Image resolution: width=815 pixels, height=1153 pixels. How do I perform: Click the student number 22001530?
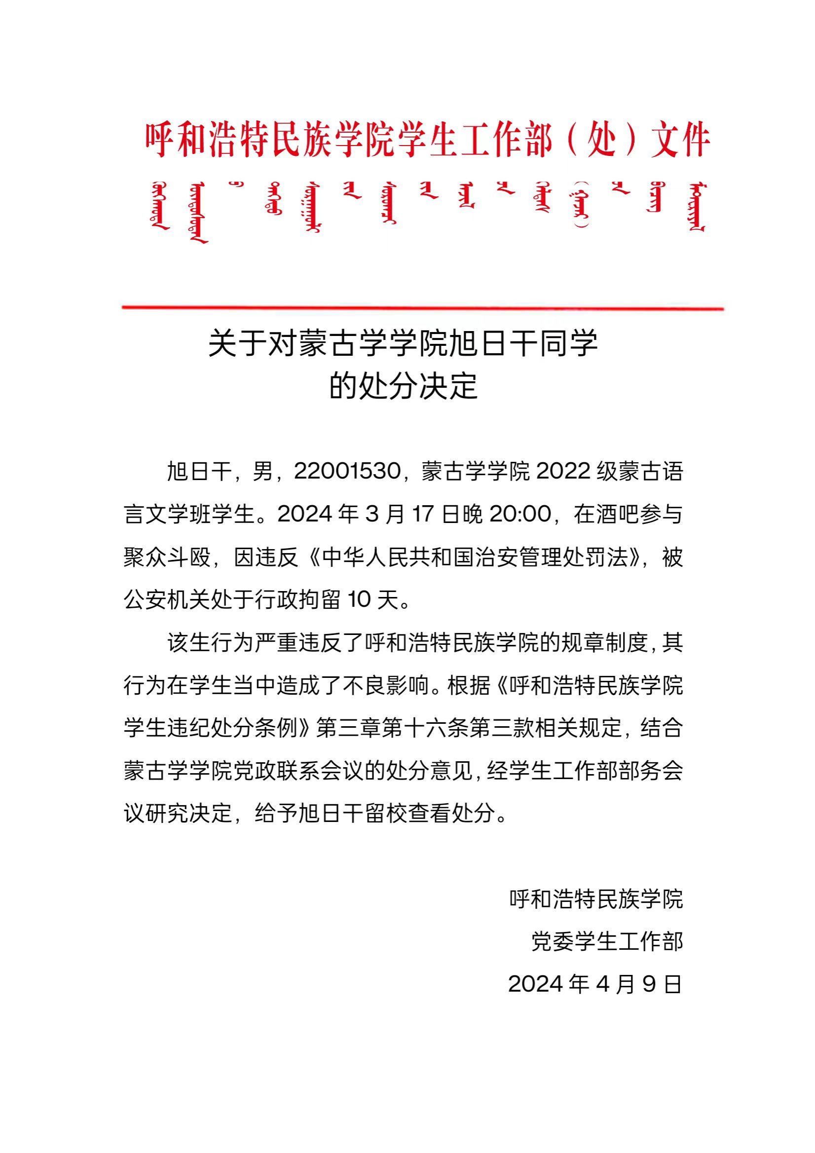(347, 472)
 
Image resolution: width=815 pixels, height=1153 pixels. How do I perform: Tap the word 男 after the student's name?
(262, 472)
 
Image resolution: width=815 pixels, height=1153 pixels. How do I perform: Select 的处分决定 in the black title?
(403, 387)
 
